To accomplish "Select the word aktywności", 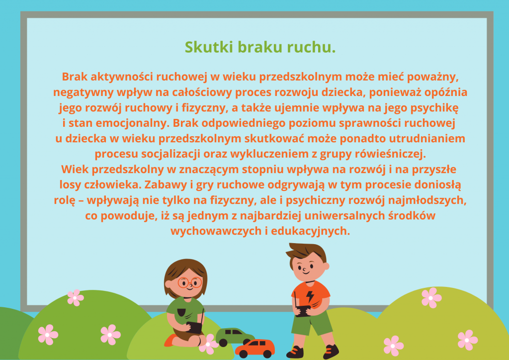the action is (122, 77).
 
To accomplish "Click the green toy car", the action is (235, 337).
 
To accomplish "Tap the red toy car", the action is (255, 349).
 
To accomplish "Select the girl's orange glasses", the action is (189, 282).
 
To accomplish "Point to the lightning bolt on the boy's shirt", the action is (310, 295).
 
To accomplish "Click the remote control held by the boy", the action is (303, 309).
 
